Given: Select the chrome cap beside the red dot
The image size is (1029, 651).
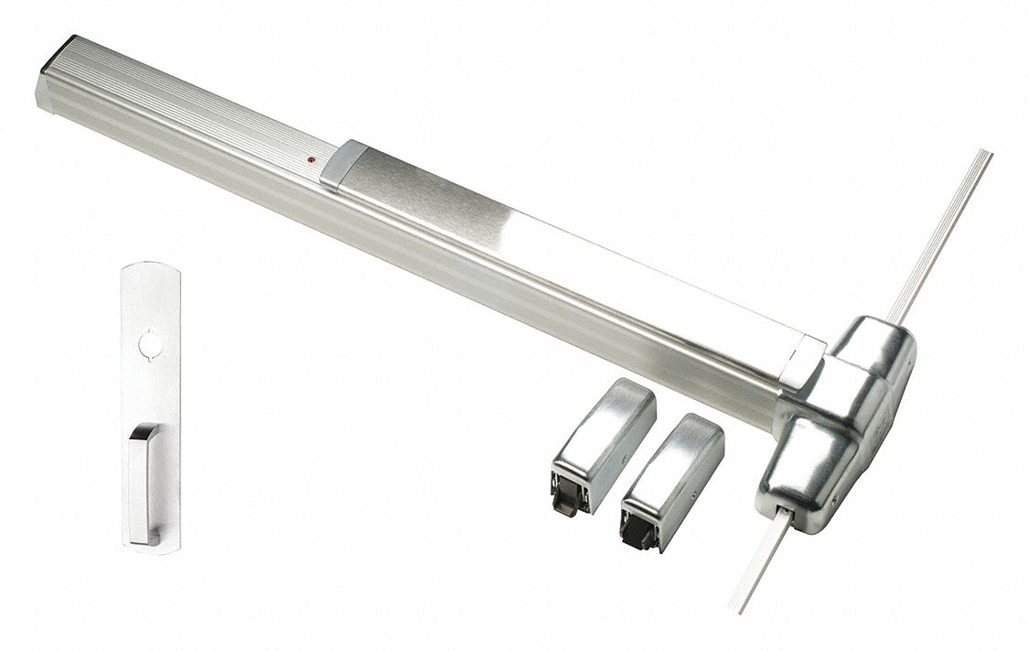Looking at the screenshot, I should click(x=342, y=165).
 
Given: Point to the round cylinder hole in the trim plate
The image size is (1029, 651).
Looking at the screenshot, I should click(x=149, y=345).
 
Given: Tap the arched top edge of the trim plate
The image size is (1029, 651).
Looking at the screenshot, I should click(x=152, y=266).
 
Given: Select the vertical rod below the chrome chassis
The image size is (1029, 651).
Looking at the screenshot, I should click(x=759, y=559).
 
